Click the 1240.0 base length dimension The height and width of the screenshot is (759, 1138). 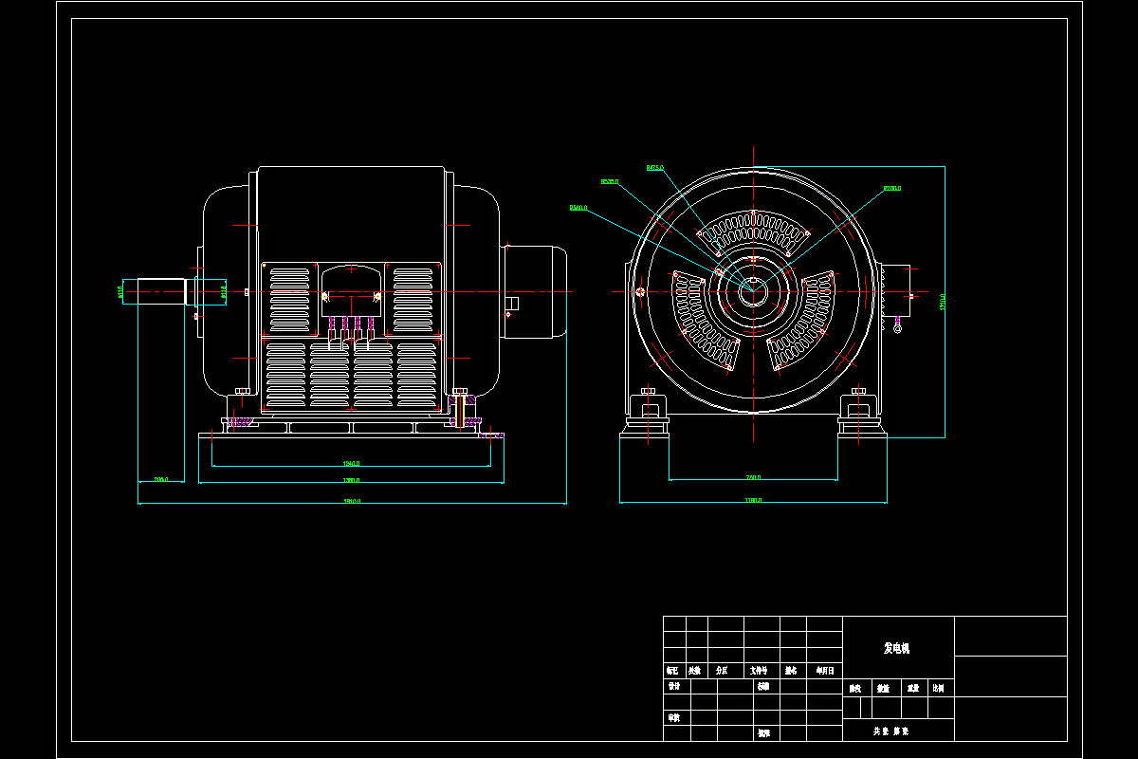351,463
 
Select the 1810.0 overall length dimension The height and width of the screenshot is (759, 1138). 351,501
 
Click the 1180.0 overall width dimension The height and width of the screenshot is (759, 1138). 753,500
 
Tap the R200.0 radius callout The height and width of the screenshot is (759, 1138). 891,189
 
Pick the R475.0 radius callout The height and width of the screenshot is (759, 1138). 654,168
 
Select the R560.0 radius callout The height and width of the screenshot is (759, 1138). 578,207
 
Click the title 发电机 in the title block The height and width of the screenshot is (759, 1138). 896,649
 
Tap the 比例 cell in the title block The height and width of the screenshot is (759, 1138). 938,688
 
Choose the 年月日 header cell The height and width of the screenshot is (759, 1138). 824,670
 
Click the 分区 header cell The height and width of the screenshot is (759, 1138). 723,670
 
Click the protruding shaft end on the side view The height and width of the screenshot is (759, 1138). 161,291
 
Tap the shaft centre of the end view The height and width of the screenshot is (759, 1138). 753,291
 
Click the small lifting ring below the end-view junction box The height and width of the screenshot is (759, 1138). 897,328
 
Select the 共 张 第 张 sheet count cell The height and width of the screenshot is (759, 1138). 890,731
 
